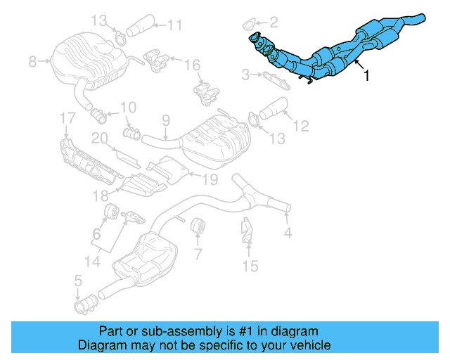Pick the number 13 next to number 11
tap(101, 20)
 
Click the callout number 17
tap(66, 117)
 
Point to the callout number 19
tap(201, 179)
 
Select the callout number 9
tap(166, 121)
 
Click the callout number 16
tap(193, 65)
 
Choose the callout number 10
tap(127, 108)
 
